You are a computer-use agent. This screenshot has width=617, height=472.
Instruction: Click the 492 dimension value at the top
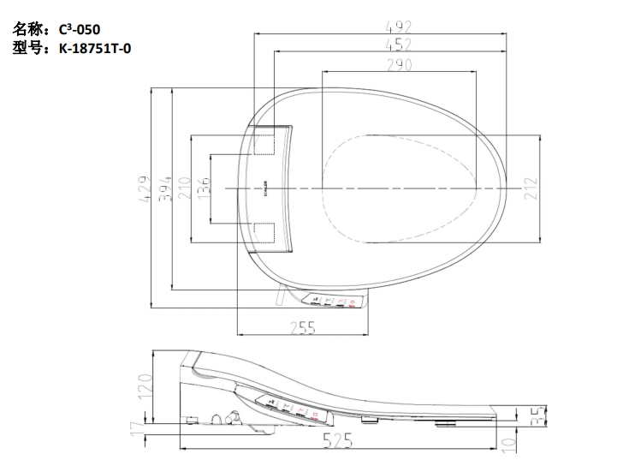tap(400, 27)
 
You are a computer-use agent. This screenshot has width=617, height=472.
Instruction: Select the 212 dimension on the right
tap(530, 188)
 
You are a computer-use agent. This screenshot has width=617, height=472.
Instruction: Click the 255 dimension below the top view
tap(303, 326)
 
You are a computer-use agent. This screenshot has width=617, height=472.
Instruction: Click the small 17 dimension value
tap(137, 427)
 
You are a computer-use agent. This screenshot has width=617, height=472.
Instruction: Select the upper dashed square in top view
tap(264, 141)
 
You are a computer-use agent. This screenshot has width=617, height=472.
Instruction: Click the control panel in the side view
tap(292, 409)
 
